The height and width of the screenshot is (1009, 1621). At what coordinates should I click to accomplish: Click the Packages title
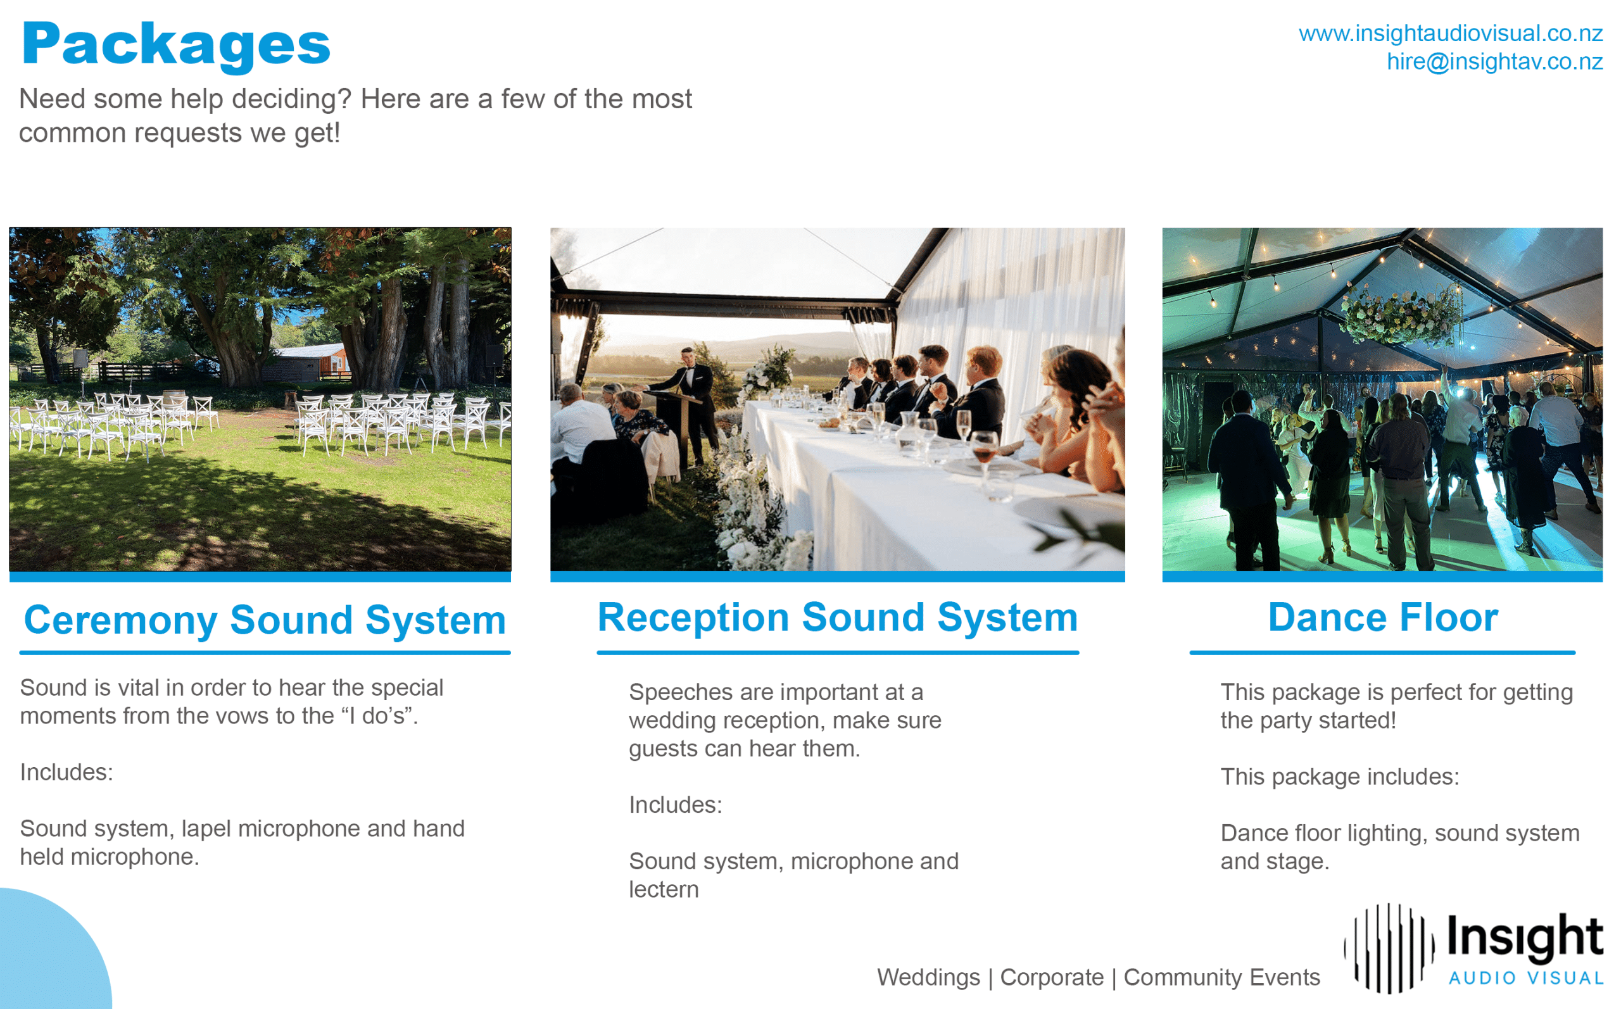[176, 45]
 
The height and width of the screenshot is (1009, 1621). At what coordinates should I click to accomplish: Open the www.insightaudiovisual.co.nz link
[1450, 33]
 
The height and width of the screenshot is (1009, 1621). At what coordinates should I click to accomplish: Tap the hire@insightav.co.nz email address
[1494, 61]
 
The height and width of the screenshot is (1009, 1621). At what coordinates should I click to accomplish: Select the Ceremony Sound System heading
[265, 620]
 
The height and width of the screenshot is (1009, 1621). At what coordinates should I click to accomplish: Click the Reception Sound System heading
[838, 617]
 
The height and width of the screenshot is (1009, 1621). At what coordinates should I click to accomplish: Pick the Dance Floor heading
[1383, 617]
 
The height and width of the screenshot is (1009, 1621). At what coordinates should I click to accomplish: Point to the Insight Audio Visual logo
[1473, 948]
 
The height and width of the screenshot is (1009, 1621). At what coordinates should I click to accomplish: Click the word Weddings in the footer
[928, 977]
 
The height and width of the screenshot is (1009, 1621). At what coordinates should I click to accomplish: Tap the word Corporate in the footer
[1052, 977]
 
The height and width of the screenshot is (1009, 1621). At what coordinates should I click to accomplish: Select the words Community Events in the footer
[1222, 977]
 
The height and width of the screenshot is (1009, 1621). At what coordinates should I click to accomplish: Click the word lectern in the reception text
[664, 889]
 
